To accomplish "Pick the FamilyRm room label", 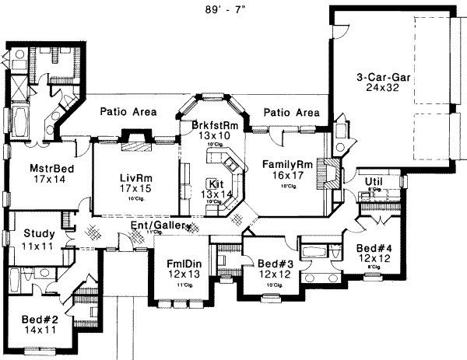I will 287,165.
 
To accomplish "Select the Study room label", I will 38,232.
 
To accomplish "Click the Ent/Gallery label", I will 160,225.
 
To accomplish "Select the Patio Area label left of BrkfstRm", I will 128,113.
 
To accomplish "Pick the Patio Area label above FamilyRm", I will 291,113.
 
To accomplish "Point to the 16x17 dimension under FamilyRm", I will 287,177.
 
